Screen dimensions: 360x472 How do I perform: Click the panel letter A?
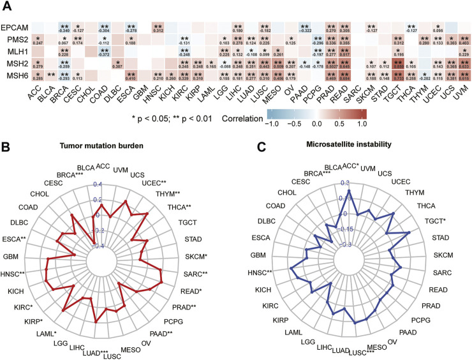click(x=8, y=6)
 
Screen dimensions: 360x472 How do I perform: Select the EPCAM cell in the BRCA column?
click(x=64, y=28)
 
